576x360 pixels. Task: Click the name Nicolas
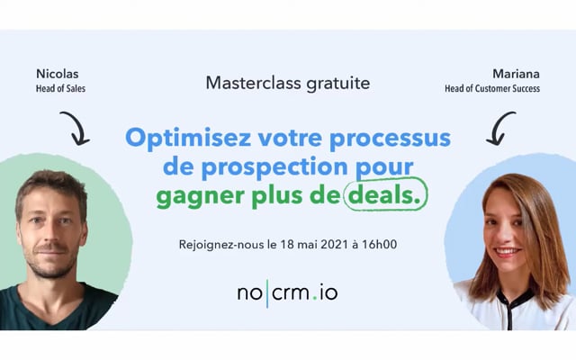point(58,74)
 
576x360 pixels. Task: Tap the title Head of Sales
point(60,88)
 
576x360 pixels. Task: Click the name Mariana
point(516,74)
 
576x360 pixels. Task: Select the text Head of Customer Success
point(492,88)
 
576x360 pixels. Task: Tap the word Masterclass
point(254,83)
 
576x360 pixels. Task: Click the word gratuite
point(338,84)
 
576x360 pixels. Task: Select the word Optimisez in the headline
point(188,139)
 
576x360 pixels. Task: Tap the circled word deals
point(384,196)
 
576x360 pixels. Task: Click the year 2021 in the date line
point(334,245)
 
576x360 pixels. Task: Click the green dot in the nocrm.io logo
point(314,299)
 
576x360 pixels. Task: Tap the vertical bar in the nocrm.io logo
point(267,293)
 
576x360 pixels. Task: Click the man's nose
point(49,234)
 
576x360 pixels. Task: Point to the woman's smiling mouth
point(508,252)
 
